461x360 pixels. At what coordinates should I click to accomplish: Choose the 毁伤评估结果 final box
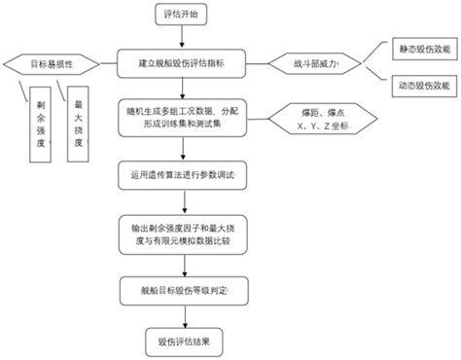click(x=182, y=342)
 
